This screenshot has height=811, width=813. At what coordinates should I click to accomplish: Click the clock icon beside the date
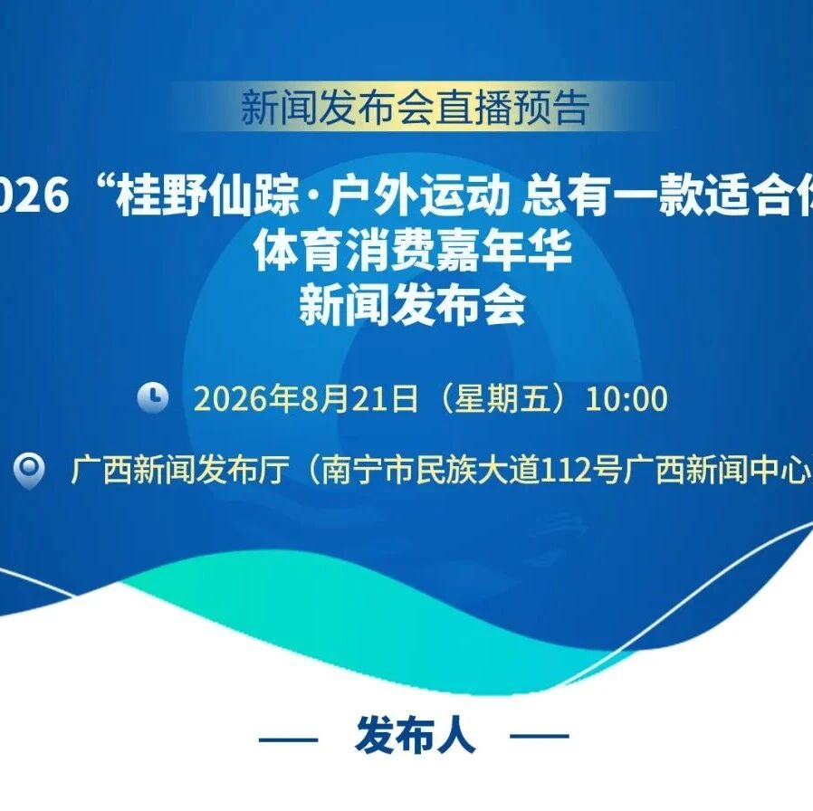point(152,397)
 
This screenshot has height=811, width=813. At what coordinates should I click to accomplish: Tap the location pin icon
point(29,471)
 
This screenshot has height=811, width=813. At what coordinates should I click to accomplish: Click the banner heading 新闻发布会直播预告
point(416,108)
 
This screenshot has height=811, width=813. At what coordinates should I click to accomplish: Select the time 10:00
point(626,398)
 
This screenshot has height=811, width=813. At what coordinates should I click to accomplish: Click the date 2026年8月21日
point(306,398)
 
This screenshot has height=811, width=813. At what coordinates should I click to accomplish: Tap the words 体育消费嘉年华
point(413,251)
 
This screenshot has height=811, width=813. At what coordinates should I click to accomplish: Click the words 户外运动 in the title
point(418,196)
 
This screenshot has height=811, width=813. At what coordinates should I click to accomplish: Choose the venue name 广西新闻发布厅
point(180,471)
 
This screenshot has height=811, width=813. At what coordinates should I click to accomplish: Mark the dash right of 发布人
point(540,736)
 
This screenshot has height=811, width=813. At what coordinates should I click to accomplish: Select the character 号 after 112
point(607,471)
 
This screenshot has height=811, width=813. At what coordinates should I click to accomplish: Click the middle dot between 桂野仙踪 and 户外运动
point(313,198)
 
